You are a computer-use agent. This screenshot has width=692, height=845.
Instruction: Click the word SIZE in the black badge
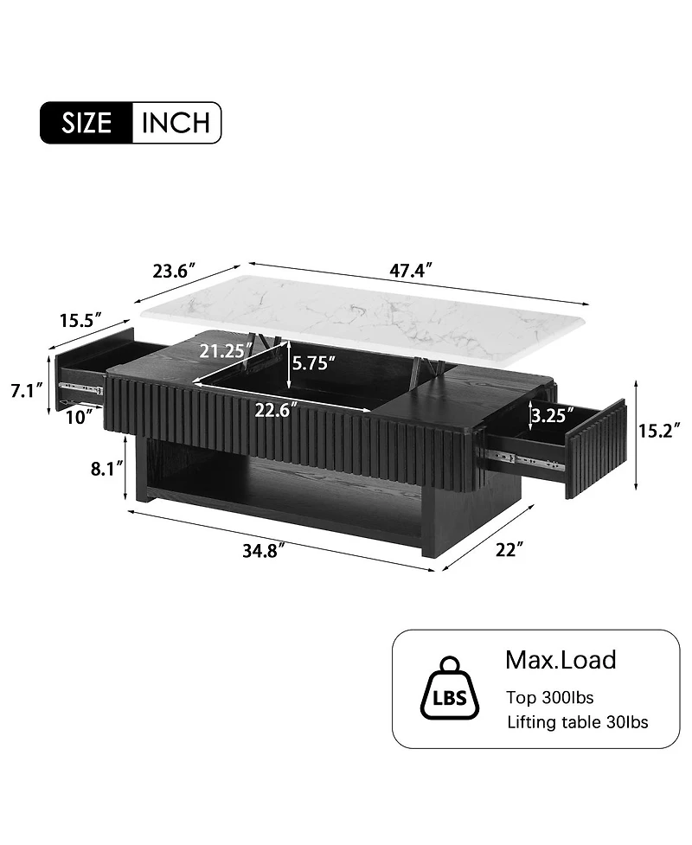point(86,123)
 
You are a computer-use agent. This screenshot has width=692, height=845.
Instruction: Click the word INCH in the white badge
point(176,123)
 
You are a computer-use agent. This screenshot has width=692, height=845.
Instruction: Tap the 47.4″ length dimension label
point(411,270)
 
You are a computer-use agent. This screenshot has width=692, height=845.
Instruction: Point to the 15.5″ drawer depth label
point(80,321)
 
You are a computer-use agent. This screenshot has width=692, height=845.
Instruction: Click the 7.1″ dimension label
point(27,391)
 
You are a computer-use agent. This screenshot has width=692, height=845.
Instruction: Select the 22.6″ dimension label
point(277,410)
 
